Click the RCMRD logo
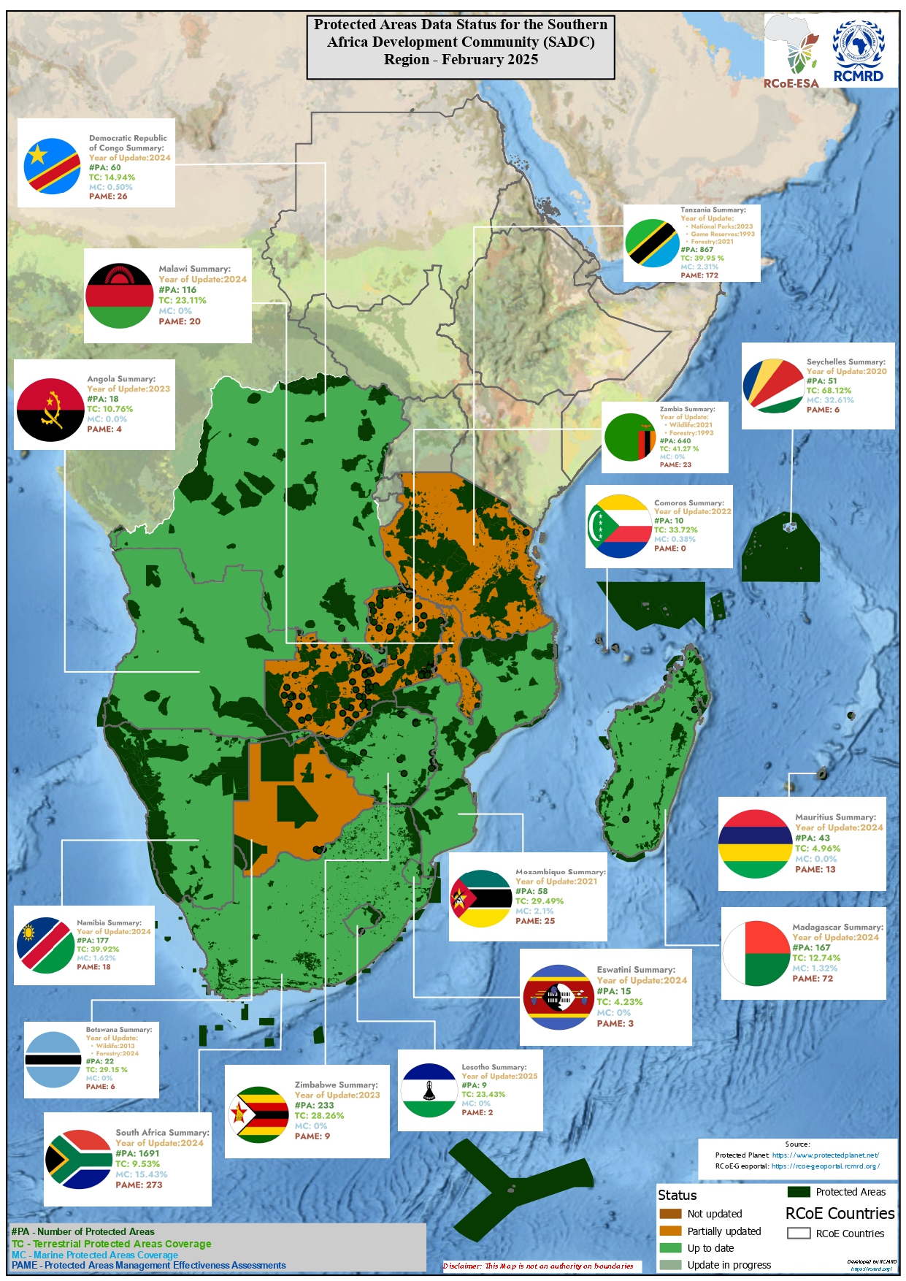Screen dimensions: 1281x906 (x=859, y=51)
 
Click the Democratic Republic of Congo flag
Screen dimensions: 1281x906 (x=52, y=166)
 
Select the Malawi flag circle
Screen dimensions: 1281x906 (x=119, y=296)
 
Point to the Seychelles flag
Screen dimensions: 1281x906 (x=773, y=386)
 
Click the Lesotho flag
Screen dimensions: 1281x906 (x=429, y=1090)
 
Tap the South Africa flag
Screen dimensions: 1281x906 (x=78, y=1159)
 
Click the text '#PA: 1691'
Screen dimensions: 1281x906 (x=137, y=1153)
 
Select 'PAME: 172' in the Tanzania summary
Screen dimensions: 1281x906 (x=699, y=275)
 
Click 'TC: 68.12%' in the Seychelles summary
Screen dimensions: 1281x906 (x=829, y=390)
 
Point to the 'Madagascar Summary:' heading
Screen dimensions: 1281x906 (x=837, y=927)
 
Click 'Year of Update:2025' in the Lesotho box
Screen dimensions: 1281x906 (x=499, y=1076)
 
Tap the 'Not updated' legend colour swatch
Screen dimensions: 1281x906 (x=669, y=1214)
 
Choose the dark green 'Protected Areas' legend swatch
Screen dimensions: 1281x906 (x=799, y=1192)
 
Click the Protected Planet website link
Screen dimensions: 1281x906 (x=825, y=1155)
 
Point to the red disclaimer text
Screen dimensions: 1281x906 (x=538, y=1266)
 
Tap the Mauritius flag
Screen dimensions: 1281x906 (x=755, y=844)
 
